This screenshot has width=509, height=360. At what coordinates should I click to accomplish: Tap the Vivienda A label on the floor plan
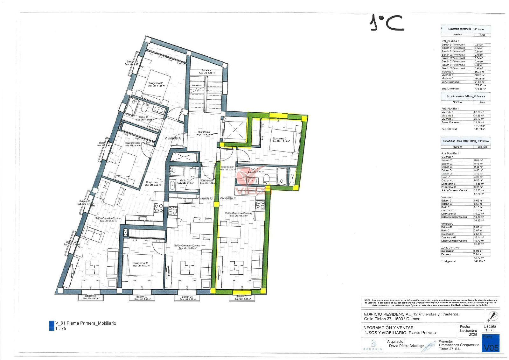172,138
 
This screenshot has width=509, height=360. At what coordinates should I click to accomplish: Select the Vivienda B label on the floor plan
204,198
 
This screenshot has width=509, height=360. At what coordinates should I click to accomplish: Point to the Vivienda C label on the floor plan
228,198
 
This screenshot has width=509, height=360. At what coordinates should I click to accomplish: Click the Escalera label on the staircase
206,70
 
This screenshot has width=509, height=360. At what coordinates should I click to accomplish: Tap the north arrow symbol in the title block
493,316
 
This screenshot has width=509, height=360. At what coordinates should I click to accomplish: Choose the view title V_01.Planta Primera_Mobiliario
86,323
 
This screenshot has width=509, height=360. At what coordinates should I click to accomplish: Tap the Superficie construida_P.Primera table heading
465,29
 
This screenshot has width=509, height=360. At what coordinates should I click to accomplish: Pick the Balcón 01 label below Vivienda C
242,297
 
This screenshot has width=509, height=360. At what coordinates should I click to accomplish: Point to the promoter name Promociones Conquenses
459,345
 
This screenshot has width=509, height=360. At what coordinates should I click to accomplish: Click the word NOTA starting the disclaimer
367,300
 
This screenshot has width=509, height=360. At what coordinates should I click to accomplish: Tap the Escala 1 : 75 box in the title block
490,328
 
